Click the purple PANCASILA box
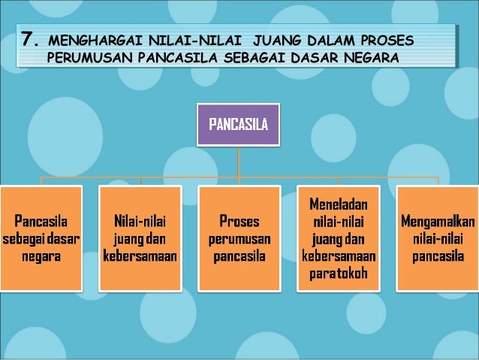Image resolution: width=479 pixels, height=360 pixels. (238, 123)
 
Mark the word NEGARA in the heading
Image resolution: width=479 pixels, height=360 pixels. (368, 58)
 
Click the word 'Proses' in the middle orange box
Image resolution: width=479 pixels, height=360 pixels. (239, 222)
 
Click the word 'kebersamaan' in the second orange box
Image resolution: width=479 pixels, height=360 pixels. (140, 256)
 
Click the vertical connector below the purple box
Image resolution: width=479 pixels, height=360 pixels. (238, 161)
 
